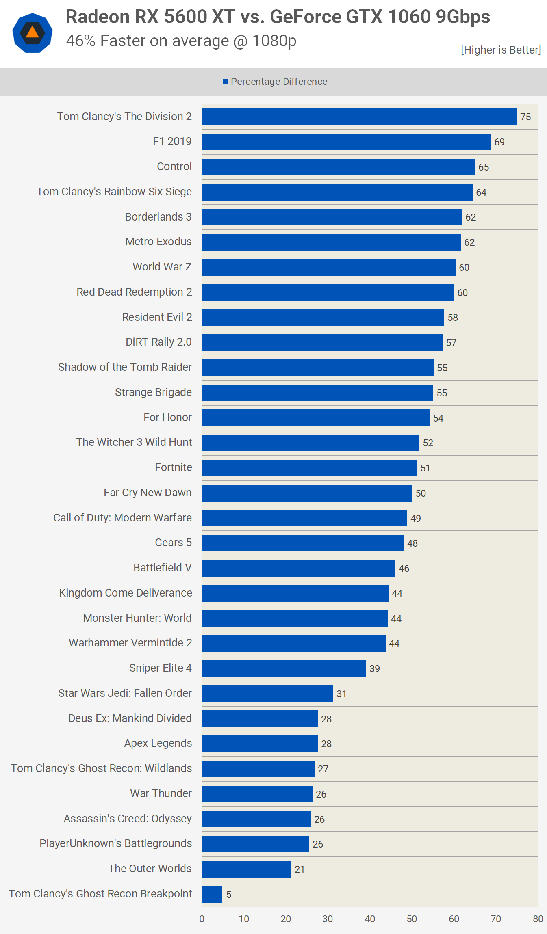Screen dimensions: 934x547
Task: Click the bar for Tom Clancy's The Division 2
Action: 359,117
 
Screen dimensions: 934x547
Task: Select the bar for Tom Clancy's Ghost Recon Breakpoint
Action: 212,894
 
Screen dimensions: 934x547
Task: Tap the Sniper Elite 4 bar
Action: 284,668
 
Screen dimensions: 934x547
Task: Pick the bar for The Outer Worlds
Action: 247,869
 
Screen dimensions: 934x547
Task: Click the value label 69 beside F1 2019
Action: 499,142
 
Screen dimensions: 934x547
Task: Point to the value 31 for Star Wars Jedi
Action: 341,694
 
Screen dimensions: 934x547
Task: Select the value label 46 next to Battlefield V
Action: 404,569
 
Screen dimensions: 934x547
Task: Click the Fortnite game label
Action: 174,467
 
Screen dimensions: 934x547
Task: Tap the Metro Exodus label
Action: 158,242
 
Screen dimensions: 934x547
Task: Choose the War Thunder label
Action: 161,793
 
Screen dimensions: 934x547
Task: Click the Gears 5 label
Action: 173,543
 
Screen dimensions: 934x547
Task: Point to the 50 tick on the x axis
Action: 412,919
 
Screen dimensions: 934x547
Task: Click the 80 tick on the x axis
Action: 538,919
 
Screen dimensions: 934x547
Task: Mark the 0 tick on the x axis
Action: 202,919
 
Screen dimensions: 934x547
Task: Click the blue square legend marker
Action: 226,82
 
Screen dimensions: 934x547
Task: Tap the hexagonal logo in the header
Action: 33,33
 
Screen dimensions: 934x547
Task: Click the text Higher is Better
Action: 501,50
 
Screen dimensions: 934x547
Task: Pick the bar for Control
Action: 339,167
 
